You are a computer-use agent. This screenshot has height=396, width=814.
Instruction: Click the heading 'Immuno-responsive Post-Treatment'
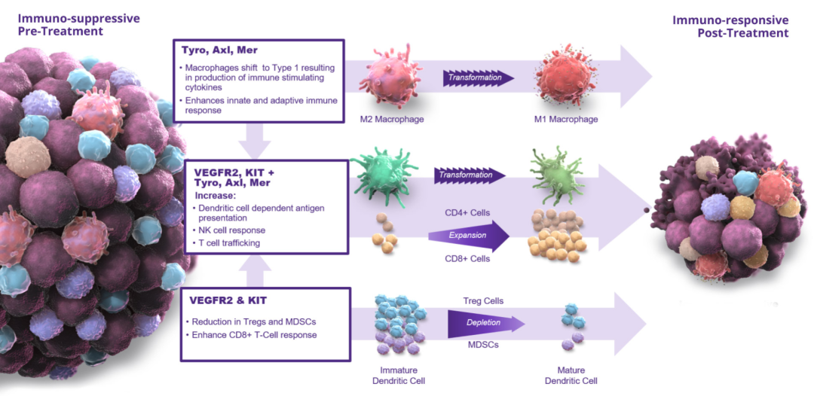tap(730, 26)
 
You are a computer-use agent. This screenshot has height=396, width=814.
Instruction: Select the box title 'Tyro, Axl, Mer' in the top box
tap(219, 50)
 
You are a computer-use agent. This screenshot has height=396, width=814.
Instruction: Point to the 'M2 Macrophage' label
tap(392, 119)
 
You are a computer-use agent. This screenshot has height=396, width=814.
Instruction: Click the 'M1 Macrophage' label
tap(566, 119)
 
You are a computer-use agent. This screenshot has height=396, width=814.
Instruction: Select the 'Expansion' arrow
tap(467, 236)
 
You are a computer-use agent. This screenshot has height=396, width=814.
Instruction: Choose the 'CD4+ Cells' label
tap(467, 212)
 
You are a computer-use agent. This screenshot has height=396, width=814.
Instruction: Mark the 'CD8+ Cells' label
tap(467, 259)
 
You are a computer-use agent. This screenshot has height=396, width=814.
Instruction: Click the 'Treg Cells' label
tap(483, 301)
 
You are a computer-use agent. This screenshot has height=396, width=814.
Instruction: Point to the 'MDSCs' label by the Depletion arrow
tap(483, 346)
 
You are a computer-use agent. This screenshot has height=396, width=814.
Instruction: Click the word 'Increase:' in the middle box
tap(216, 195)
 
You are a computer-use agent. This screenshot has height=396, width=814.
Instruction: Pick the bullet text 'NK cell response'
tap(231, 230)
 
